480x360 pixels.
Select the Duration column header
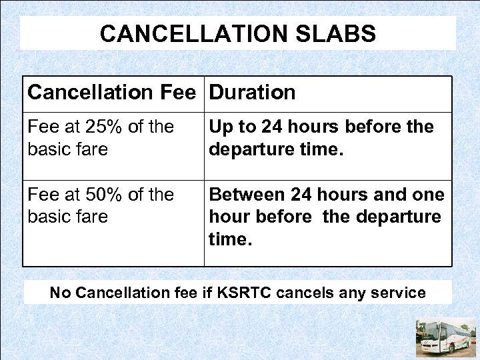[x=252, y=93]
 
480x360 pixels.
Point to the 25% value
[x=101, y=127]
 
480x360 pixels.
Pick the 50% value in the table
[x=101, y=195]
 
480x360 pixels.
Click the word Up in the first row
[x=221, y=127]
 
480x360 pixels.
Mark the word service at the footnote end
[x=402, y=293]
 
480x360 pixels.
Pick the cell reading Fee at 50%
[x=101, y=205]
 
